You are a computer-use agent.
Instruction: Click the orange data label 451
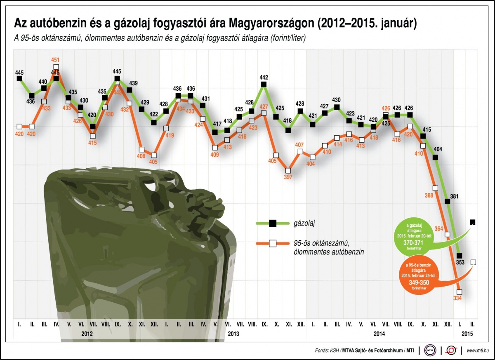click(56, 59)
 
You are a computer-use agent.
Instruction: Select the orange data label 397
click(288, 177)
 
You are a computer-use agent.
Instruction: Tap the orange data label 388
click(429, 195)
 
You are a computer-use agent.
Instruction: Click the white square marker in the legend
click(272, 243)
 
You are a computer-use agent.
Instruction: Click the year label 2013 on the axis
click(234, 333)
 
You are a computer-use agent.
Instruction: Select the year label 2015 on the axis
click(467, 333)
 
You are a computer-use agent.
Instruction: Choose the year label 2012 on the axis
click(87, 333)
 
